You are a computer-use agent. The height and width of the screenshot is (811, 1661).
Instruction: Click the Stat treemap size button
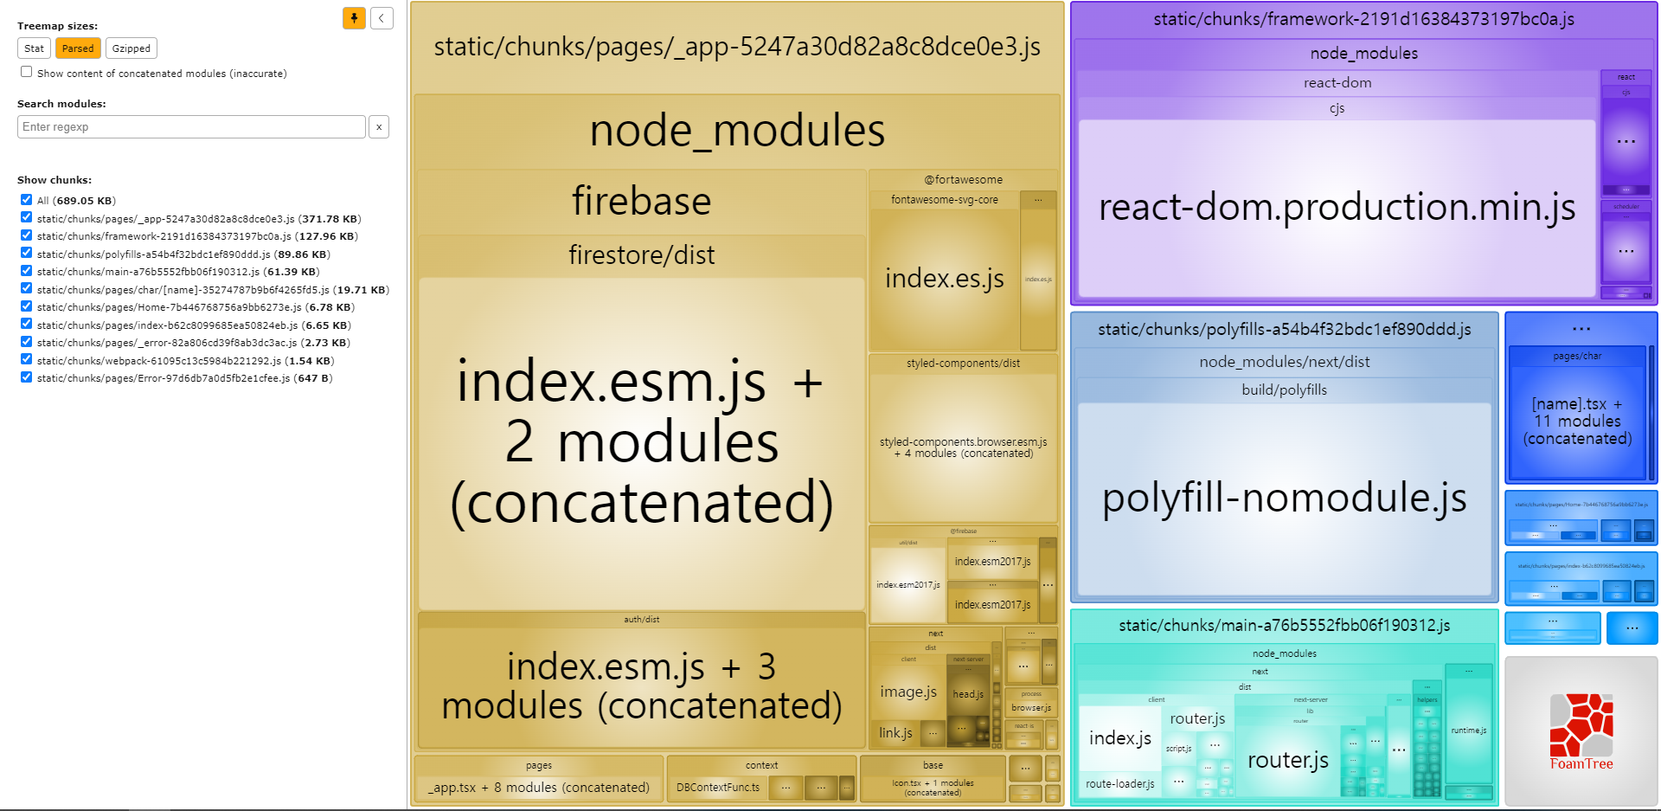(x=34, y=48)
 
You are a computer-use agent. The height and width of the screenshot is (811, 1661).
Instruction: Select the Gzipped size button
(x=131, y=48)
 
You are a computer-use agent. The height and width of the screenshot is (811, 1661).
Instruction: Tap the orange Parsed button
(x=78, y=48)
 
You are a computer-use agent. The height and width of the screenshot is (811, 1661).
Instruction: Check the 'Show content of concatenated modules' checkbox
(x=27, y=72)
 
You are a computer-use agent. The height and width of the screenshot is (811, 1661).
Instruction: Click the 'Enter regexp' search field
(x=191, y=126)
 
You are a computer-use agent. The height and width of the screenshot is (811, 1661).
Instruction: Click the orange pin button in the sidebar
(x=354, y=18)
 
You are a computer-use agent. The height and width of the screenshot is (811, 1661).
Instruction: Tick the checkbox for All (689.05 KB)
(x=27, y=200)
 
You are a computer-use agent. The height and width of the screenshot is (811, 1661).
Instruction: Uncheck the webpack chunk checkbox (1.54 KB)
(x=27, y=359)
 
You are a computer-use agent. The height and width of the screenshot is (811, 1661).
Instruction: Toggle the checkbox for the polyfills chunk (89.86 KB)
(x=27, y=253)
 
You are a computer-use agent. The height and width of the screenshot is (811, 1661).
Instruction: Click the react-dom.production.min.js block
(x=1337, y=208)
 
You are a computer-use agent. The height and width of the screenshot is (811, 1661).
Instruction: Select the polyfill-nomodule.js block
(x=1284, y=499)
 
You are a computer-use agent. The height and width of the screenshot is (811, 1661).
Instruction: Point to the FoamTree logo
(x=1581, y=731)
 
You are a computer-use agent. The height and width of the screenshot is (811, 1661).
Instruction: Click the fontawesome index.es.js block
(x=944, y=279)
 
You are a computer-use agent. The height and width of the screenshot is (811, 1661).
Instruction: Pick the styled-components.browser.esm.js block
(x=963, y=447)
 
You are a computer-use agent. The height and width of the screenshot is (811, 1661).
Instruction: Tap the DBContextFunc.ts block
(x=718, y=788)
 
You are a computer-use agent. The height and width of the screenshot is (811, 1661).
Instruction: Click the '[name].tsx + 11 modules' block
(x=1577, y=422)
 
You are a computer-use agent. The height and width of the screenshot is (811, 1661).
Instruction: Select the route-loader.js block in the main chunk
(x=1119, y=784)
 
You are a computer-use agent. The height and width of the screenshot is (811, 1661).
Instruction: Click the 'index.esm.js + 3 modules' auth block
(x=641, y=685)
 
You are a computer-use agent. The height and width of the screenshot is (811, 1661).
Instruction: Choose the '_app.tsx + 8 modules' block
(x=538, y=788)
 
